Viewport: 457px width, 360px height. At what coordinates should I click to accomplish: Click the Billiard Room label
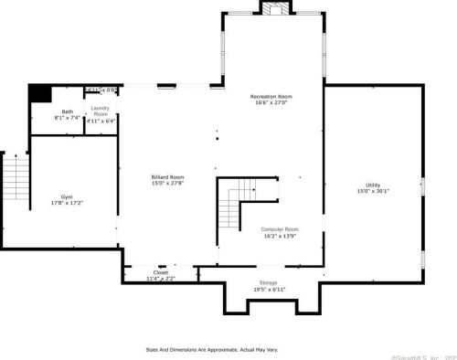point(167,176)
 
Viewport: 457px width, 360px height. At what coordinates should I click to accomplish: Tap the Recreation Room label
point(271,96)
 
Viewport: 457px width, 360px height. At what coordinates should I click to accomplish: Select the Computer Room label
point(279,229)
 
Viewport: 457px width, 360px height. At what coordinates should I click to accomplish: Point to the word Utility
point(372,185)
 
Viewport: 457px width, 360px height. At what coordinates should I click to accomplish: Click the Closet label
point(160,272)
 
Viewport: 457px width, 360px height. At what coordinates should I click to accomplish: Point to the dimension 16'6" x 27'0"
point(271,103)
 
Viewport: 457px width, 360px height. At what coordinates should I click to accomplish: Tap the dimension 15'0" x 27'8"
point(167,183)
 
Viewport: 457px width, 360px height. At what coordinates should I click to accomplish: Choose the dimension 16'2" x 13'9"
point(279,236)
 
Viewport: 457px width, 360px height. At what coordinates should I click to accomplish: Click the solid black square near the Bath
point(39,92)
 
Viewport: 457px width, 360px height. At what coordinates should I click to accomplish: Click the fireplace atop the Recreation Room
point(274,8)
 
